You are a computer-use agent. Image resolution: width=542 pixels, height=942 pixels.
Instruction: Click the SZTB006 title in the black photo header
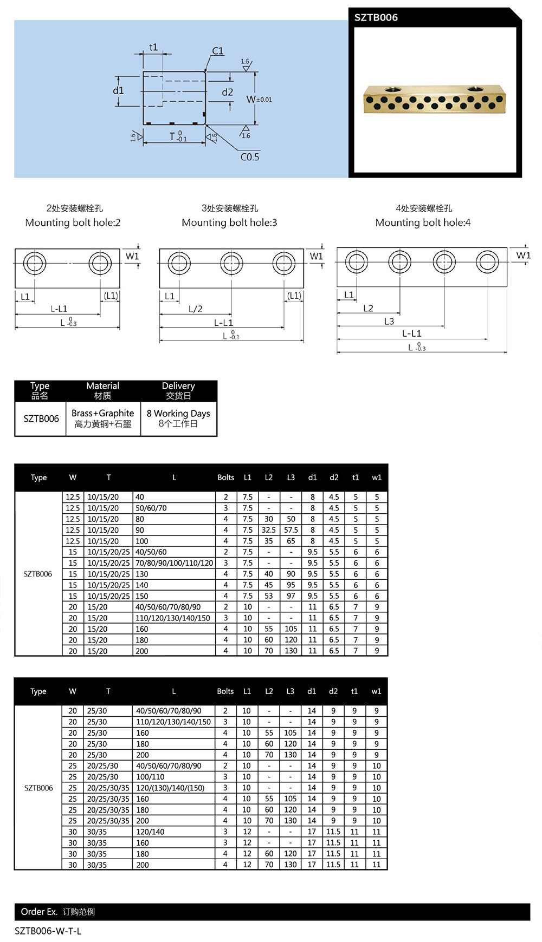[x=376, y=17]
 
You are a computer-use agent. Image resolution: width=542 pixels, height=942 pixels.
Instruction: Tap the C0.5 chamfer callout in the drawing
[x=249, y=157]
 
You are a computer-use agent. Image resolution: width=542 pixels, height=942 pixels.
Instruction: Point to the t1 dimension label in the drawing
[x=153, y=48]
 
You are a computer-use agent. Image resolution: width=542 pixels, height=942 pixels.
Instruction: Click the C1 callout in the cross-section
[x=217, y=51]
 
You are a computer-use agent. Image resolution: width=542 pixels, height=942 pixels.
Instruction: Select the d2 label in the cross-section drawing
[x=228, y=92]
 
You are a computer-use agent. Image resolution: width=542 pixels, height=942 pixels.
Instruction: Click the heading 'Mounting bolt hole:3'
[x=229, y=223]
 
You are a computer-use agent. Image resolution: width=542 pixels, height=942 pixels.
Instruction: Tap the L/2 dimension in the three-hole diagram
[x=196, y=309]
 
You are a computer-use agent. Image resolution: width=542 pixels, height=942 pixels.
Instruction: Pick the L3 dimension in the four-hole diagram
[x=389, y=321]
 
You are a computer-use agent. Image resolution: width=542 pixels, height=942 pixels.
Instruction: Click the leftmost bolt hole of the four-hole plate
[x=356, y=262]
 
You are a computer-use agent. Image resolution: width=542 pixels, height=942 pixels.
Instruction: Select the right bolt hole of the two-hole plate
[x=100, y=264]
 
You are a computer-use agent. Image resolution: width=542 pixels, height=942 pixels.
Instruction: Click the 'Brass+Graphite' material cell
[x=102, y=418]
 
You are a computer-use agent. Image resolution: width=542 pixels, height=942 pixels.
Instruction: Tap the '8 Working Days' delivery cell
[x=178, y=418]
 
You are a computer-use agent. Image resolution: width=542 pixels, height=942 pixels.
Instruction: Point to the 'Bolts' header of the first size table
[x=225, y=477]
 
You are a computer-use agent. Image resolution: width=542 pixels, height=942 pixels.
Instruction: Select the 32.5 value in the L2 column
[x=268, y=530]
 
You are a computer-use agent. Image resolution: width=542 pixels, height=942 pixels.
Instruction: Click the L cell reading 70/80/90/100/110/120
[x=174, y=563]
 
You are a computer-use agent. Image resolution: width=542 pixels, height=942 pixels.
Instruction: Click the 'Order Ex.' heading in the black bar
[x=39, y=912]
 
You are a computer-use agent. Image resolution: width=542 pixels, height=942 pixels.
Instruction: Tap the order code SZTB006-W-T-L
[x=48, y=931]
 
